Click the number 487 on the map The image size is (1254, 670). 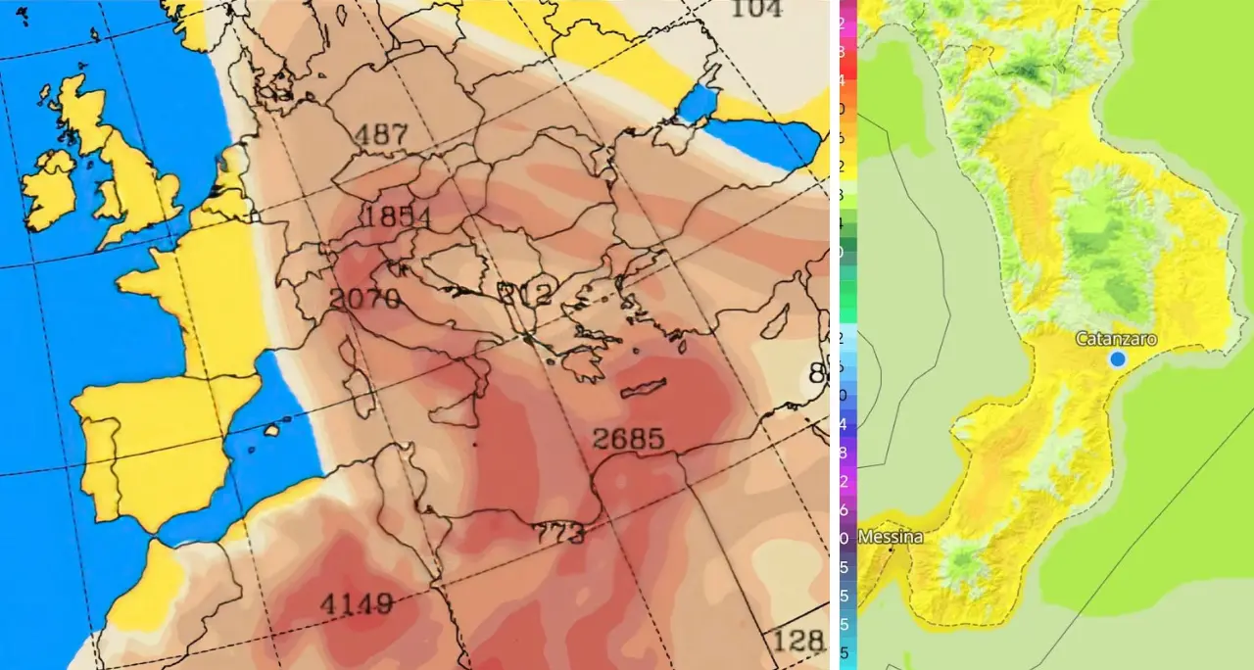[381, 135]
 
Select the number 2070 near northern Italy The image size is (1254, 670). [365, 299]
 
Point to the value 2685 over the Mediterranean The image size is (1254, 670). [628, 439]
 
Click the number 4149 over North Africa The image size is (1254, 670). [355, 603]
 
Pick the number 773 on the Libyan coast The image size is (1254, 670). [559, 535]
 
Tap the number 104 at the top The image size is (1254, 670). [757, 9]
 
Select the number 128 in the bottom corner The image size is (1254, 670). [799, 643]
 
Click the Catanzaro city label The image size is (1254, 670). [1116, 339]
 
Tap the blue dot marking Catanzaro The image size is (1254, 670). [1118, 359]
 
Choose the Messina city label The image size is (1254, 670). [890, 537]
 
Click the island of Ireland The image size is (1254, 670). [49, 191]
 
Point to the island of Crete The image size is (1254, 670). [644, 388]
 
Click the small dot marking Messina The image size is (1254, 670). [891, 550]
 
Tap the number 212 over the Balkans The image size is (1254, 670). [525, 292]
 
